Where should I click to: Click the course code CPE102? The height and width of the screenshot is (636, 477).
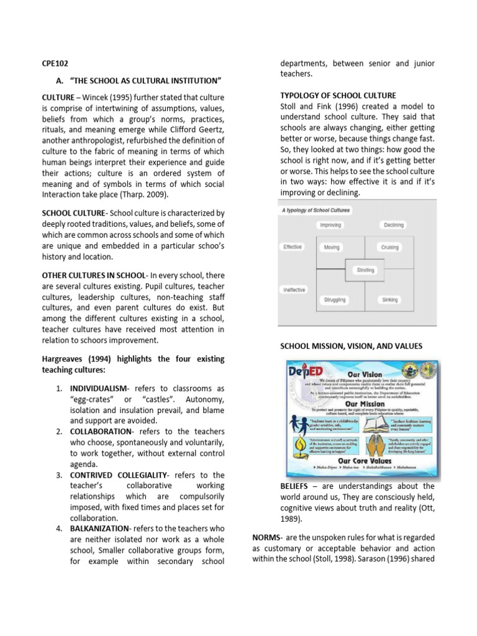(55, 63)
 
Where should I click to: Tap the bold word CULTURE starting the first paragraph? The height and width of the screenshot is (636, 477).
(58, 98)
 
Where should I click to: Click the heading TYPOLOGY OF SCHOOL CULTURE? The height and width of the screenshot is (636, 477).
(338, 95)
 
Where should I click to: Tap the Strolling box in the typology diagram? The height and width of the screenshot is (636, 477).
(365, 270)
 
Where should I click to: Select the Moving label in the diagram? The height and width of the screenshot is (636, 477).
(332, 247)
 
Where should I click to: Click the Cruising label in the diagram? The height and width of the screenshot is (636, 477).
(389, 247)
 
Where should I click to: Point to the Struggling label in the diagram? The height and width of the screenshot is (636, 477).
(335, 299)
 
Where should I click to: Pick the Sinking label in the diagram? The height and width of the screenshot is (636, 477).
(390, 299)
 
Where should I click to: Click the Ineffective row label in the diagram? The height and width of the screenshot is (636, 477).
(294, 290)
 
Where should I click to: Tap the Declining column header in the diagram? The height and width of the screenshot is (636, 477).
(393, 225)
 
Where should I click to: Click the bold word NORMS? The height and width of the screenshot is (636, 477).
(266, 537)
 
